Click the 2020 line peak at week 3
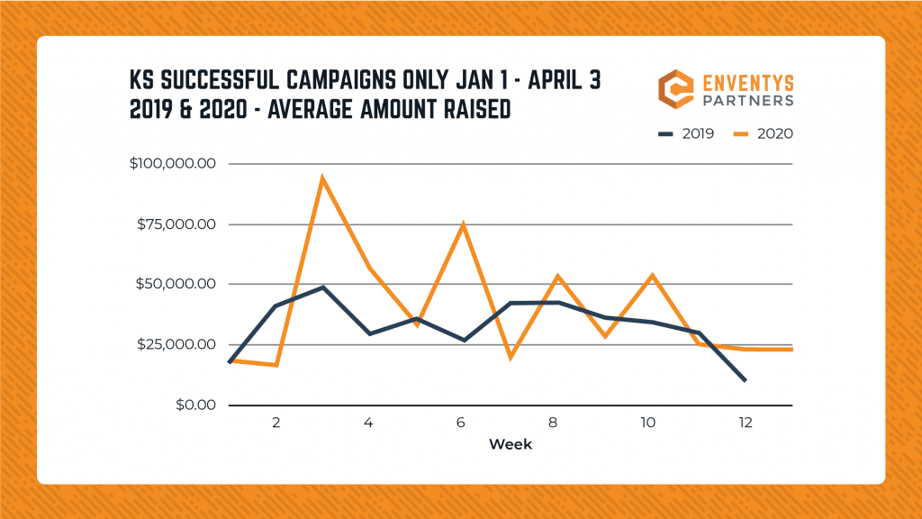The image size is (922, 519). (x=322, y=178)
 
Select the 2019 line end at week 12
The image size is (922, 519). (x=745, y=380)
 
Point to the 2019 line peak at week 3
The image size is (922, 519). (x=322, y=287)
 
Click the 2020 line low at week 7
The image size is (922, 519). (x=511, y=357)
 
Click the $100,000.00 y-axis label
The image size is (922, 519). (x=172, y=164)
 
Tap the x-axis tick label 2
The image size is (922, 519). (x=276, y=421)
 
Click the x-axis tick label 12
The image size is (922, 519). (x=745, y=421)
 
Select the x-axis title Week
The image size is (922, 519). (x=511, y=444)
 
